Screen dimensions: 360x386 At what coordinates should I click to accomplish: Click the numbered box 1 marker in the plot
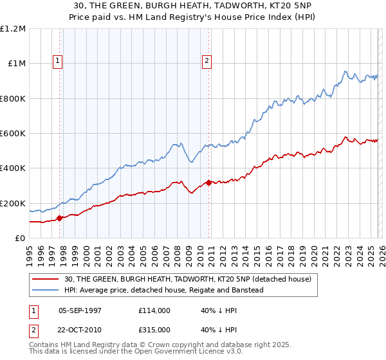tap(57, 61)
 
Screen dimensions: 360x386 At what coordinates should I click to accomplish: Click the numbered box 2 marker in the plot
tap(207, 61)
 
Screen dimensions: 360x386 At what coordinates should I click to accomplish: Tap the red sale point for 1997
tap(60, 218)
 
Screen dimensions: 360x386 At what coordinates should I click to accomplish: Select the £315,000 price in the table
tap(154, 329)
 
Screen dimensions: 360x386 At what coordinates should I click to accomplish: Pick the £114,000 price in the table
tap(154, 310)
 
